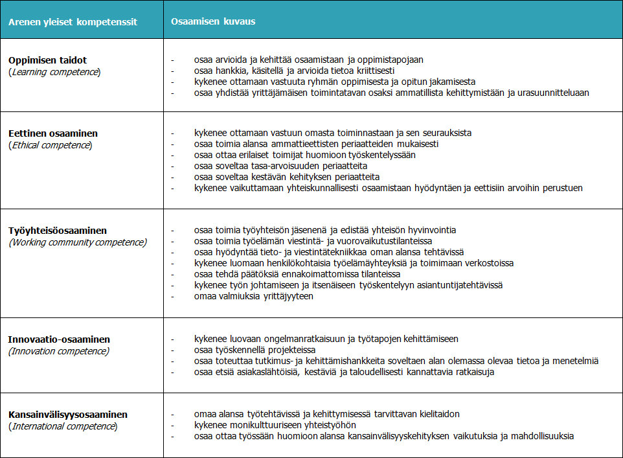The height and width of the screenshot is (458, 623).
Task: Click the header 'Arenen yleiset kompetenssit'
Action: [x=73, y=21]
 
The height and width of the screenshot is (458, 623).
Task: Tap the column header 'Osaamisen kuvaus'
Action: [x=213, y=21]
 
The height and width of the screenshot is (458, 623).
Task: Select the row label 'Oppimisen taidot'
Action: [x=47, y=60]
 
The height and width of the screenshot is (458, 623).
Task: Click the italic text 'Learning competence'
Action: [x=54, y=71]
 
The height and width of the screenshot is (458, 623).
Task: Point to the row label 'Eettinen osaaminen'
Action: [x=53, y=133]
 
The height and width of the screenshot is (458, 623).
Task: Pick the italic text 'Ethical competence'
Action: [x=51, y=144]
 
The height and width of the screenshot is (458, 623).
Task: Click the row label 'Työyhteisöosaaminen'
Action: [x=58, y=231]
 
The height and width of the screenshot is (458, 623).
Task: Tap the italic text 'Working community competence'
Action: [x=78, y=242]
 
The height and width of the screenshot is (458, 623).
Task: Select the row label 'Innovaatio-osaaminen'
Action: [x=59, y=339]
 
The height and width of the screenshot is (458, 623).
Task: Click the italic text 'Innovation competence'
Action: [x=59, y=350]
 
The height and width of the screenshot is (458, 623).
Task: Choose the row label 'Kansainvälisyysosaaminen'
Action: [x=68, y=415]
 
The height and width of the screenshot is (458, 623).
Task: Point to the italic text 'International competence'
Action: [x=63, y=426]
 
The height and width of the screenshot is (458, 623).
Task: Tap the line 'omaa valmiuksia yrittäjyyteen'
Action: [x=254, y=296]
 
